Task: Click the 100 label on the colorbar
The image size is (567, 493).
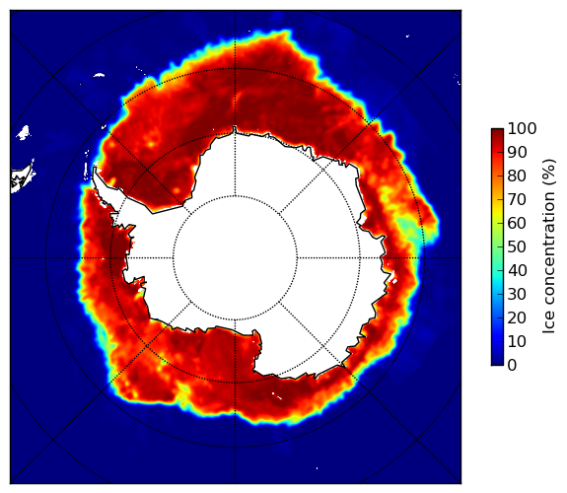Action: click(x=522, y=128)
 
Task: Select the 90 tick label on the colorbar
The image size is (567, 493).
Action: click(x=517, y=152)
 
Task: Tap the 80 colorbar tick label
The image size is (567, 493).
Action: click(x=517, y=176)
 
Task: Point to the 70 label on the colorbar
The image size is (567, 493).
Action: click(x=517, y=199)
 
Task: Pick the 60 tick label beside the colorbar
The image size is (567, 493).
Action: click(x=517, y=223)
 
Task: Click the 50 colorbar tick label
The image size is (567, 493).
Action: click(x=517, y=246)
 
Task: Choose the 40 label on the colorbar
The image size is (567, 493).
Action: click(x=517, y=270)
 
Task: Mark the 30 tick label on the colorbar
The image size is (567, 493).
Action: click(x=517, y=294)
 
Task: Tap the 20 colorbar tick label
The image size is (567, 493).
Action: click(x=517, y=317)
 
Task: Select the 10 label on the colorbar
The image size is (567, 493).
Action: click(x=517, y=341)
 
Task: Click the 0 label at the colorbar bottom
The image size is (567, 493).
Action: click(x=513, y=365)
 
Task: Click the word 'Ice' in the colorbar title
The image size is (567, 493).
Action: click(x=548, y=324)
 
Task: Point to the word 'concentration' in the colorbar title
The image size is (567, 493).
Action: click(x=548, y=251)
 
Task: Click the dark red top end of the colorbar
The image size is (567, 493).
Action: click(x=497, y=131)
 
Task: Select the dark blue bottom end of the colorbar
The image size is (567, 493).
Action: click(x=497, y=363)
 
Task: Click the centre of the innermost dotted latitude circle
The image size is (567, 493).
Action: click(x=235, y=258)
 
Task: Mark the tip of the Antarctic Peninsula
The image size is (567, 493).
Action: click(x=95, y=168)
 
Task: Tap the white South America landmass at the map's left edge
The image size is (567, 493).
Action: click(x=22, y=179)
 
